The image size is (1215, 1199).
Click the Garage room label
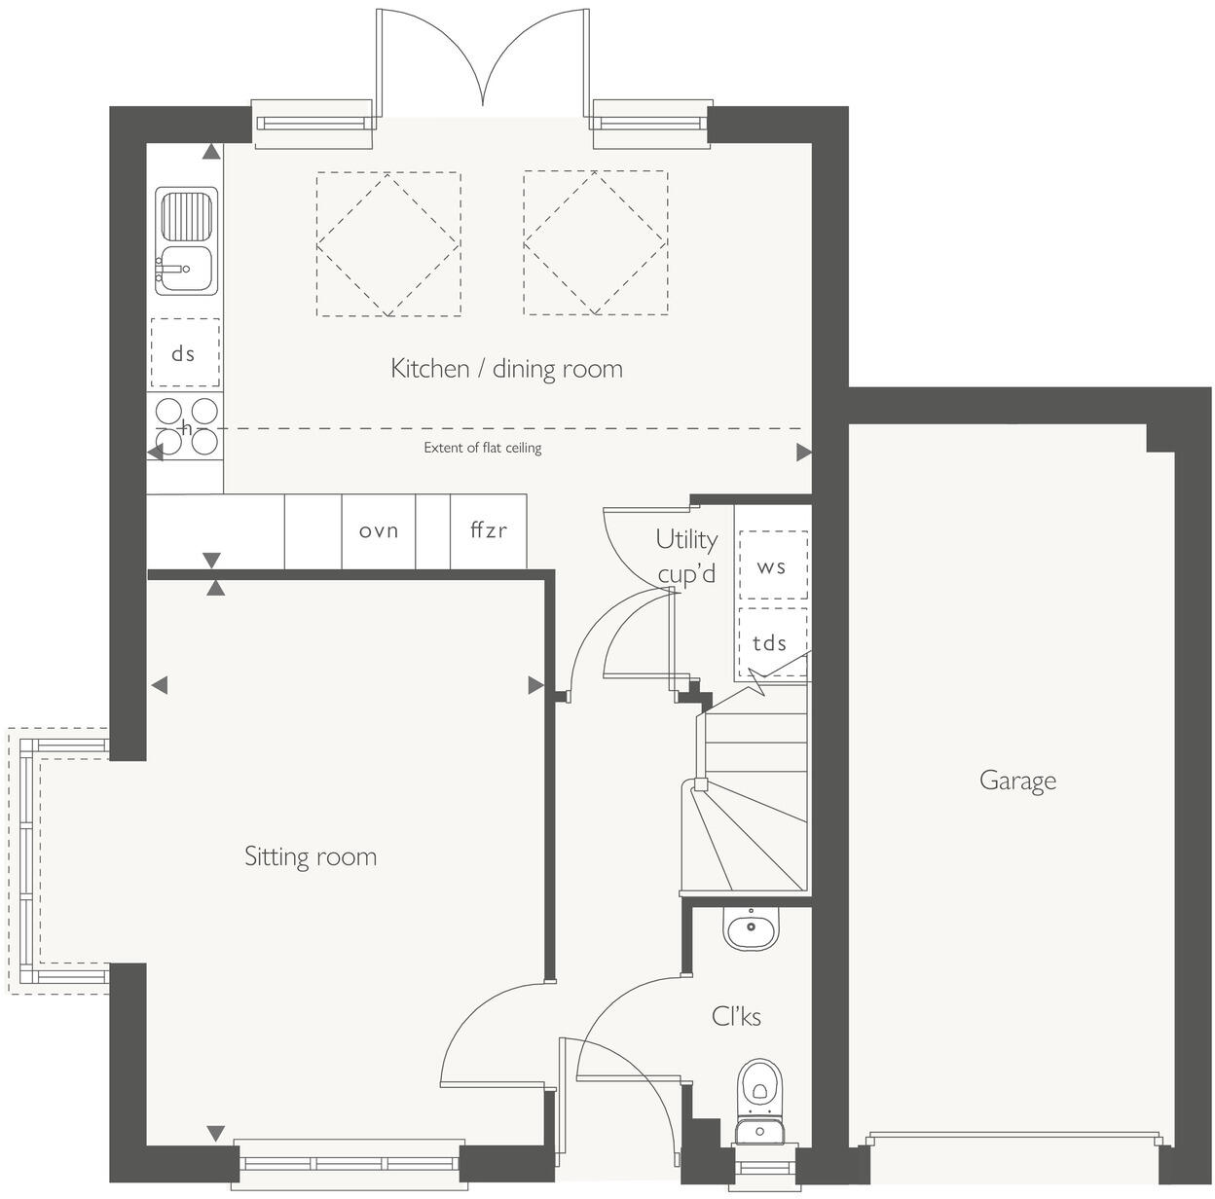[x=1016, y=781]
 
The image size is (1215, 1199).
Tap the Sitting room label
[x=310, y=856]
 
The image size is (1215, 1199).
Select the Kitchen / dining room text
[x=506, y=368]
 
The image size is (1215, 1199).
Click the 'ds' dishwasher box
[x=184, y=353]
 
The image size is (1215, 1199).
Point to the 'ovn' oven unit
[x=379, y=530]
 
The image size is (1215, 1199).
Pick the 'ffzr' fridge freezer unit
[x=488, y=530]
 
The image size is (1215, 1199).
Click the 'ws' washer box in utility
[x=773, y=565]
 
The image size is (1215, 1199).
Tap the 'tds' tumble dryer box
[x=771, y=642]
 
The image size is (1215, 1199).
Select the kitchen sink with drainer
[x=186, y=241]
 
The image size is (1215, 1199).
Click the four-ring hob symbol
[x=186, y=425]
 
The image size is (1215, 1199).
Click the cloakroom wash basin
[x=751, y=927]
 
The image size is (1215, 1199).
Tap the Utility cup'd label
[x=686, y=556]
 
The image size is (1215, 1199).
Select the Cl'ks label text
[x=736, y=1016]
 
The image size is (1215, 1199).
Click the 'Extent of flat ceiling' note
[x=482, y=448]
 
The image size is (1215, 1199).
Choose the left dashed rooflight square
[x=387, y=243]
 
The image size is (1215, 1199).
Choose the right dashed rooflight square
[x=595, y=243]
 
